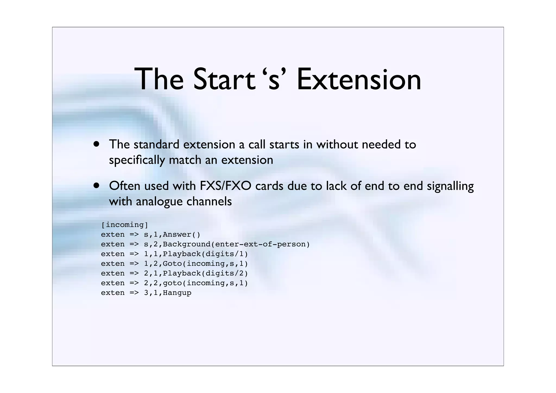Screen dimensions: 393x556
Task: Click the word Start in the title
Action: pyautogui.click(x=224, y=80)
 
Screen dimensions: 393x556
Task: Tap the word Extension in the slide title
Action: pyautogui.click(x=359, y=80)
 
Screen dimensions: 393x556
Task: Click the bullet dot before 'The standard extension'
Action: pyautogui.click(x=96, y=144)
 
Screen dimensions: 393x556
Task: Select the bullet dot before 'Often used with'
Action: pyautogui.click(x=96, y=186)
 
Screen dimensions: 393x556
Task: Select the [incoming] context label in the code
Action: pyautogui.click(x=125, y=225)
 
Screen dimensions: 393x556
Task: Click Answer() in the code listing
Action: pyautogui.click(x=181, y=234)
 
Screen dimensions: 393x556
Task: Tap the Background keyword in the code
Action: pyautogui.click(x=187, y=244)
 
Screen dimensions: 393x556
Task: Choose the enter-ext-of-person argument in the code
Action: pyautogui.click(x=260, y=244)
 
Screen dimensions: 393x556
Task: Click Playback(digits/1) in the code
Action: pyautogui.click(x=205, y=254)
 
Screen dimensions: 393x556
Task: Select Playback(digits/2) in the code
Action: pyautogui.click(x=205, y=273)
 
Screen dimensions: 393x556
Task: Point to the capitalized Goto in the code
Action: pyautogui.click(x=172, y=263)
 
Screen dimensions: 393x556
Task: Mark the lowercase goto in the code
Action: pyautogui.click(x=172, y=283)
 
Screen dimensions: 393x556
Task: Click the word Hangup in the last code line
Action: pyautogui.click(x=177, y=293)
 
